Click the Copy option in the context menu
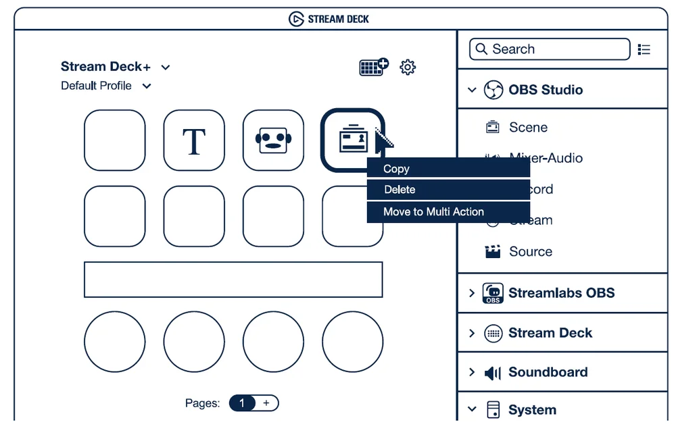click(x=396, y=169)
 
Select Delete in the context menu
click(x=399, y=190)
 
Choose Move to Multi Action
click(x=433, y=211)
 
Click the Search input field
click(x=549, y=49)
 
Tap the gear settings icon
click(x=408, y=67)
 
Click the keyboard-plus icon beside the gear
click(x=373, y=67)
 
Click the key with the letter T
click(x=194, y=140)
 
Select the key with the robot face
click(x=273, y=140)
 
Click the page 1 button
click(x=242, y=403)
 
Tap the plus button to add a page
click(x=266, y=403)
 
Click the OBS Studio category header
click(x=545, y=90)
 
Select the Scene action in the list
click(x=527, y=128)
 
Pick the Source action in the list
click(x=530, y=251)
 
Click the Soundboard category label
click(x=548, y=372)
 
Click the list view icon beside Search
click(x=644, y=49)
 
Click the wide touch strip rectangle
click(x=233, y=280)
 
